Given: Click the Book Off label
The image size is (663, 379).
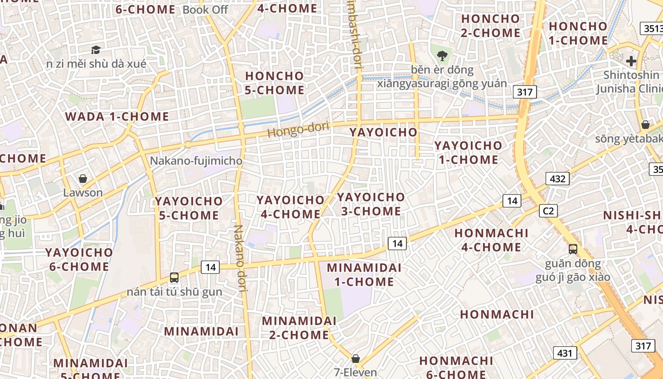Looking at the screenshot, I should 205,9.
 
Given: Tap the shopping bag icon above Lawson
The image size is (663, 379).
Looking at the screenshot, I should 83,179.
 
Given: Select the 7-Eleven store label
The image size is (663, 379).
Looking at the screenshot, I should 355,372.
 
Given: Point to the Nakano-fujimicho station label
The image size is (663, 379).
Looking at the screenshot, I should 196,161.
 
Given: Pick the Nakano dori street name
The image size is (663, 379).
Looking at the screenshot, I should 240,258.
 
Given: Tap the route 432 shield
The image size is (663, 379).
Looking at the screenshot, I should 557,179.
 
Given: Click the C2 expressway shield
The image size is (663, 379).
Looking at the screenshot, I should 548,210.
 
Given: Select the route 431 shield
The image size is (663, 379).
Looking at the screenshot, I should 565,352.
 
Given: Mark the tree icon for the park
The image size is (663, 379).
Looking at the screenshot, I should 442,56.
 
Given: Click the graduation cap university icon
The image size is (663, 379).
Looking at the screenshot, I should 96,50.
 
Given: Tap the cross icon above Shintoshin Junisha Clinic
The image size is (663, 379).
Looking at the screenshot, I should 631,61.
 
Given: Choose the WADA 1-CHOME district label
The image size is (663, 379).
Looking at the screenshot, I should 117,117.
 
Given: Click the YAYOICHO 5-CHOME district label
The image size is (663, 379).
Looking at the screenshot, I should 189,208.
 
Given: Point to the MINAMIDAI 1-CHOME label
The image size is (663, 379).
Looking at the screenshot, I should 364,275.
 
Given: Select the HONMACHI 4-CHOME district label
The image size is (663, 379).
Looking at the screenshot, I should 491,240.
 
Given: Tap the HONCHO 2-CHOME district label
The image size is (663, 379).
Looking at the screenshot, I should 490,26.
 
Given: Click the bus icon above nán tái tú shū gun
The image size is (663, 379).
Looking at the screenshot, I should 174,278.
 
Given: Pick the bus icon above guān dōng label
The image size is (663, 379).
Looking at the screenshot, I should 573,249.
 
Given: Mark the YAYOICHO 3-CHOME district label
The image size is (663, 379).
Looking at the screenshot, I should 371,204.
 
